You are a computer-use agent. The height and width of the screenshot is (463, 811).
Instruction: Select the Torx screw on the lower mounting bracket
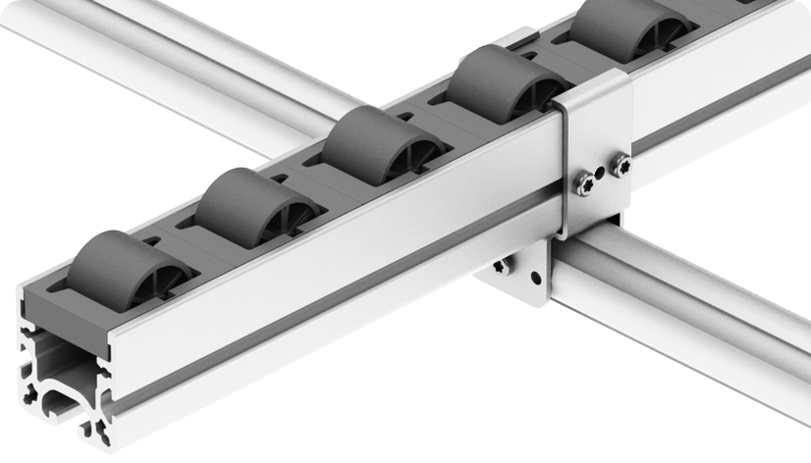click(503, 265)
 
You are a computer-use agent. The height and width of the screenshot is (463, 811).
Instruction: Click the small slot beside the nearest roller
click(152, 238)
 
